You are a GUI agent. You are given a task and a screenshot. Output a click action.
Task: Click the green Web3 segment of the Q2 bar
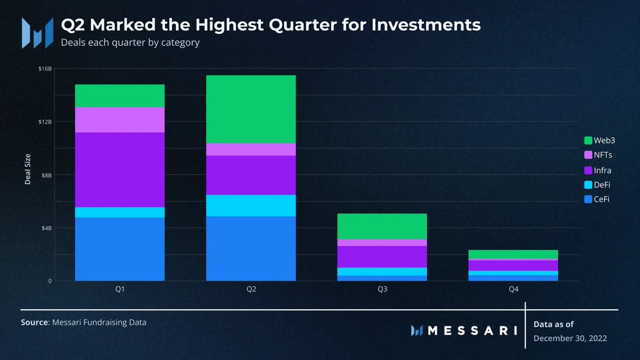pos(251,109)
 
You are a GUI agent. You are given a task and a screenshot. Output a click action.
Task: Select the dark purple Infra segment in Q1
pos(119,170)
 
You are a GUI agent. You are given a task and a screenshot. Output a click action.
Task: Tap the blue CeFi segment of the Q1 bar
pos(119,249)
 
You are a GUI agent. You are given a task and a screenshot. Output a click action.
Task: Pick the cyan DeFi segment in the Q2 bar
pos(251,205)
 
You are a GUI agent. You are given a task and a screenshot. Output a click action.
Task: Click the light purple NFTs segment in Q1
pos(119,119)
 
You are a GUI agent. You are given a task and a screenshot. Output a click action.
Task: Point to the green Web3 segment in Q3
pos(382,226)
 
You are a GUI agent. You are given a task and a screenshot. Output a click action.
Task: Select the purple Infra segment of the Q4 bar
pos(513,265)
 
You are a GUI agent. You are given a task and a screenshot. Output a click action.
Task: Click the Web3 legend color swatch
pos(588,140)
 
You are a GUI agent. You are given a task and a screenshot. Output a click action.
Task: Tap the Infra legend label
pos(603,170)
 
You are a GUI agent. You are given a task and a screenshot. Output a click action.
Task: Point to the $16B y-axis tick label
pos(46,69)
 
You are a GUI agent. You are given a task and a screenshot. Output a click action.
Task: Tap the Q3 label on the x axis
pos(382,289)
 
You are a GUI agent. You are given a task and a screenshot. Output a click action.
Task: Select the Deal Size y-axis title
pos(28,169)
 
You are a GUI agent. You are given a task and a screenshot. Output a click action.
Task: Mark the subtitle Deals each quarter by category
pos(130,42)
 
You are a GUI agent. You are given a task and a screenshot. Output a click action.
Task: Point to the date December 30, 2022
pos(570,338)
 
